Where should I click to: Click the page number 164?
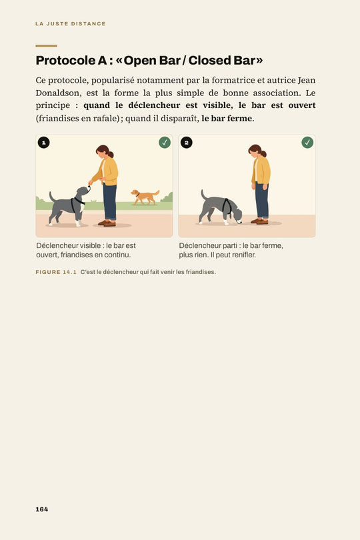pos(42,509)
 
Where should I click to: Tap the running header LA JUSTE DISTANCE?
pos(70,24)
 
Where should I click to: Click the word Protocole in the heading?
pos(66,60)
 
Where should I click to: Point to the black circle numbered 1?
pos(44,143)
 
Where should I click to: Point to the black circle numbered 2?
pos(187,143)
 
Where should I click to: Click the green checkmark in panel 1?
pos(165,143)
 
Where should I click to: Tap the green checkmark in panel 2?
pos(307,143)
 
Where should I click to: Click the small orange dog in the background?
pos(145,197)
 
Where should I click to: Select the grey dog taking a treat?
pos(69,206)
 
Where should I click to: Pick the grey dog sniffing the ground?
pos(221,209)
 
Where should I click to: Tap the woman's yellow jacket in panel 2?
pos(261,171)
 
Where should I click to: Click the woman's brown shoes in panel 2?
pos(259,221)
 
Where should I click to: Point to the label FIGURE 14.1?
pos(56,272)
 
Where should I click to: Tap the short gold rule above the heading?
pos(46,45)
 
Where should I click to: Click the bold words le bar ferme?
pos(227,119)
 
